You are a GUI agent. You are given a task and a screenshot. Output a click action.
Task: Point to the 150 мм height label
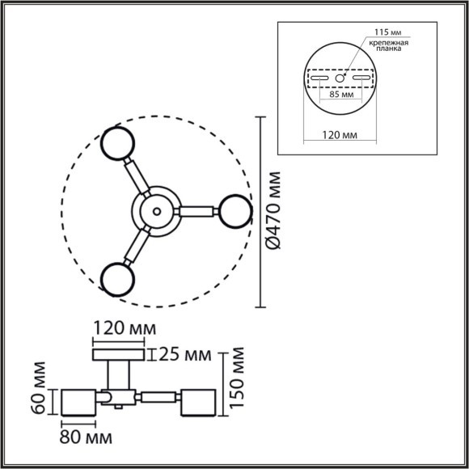point(237,378)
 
